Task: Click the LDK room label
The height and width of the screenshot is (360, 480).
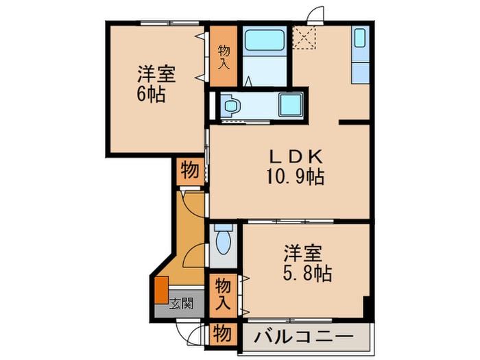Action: [x=296, y=157]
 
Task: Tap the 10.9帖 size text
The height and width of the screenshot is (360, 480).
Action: [x=296, y=177]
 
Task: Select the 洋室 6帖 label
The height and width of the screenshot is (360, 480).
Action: [x=156, y=84]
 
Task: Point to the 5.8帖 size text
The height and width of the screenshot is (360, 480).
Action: [x=307, y=273]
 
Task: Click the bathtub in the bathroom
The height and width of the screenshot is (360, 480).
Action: [x=265, y=40]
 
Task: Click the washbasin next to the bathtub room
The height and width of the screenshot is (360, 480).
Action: [x=231, y=106]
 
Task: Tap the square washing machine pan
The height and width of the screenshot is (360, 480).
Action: [x=290, y=105]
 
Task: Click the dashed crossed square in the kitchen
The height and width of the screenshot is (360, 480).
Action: [x=304, y=38]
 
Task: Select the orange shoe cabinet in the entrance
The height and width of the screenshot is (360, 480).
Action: [x=161, y=290]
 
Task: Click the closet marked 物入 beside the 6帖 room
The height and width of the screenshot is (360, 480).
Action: [x=223, y=56]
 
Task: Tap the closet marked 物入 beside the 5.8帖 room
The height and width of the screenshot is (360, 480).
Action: [x=223, y=296]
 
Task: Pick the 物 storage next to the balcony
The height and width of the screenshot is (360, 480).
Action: [x=223, y=334]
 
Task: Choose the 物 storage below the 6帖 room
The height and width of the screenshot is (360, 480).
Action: [x=190, y=171]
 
